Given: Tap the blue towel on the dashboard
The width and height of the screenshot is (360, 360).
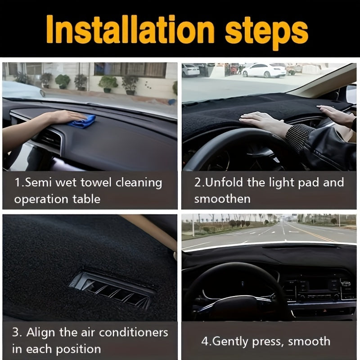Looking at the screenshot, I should coord(83,121).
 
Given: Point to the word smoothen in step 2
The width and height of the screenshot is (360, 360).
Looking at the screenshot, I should coord(222,198).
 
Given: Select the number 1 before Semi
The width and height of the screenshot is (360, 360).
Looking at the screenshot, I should coord(16,183).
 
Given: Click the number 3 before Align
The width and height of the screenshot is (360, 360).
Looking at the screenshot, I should coord(16,333).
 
